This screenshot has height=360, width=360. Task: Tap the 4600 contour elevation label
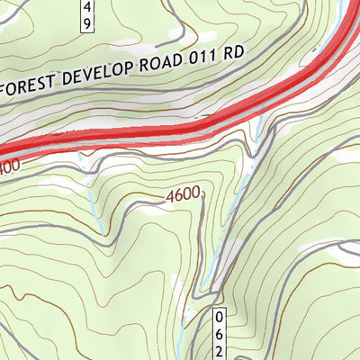[183, 193]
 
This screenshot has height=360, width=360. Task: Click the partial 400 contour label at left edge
[9, 167]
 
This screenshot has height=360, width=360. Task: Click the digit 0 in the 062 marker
[219, 318]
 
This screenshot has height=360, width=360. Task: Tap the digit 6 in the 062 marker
[219, 333]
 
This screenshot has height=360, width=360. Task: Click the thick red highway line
[180, 130]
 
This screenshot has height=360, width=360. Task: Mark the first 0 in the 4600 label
[188, 193]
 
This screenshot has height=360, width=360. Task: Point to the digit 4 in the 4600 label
[169, 193]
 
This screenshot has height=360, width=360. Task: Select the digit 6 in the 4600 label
[178, 193]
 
